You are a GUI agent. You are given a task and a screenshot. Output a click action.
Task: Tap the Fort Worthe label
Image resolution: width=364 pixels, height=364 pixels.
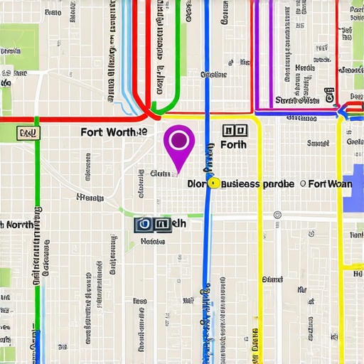click(114, 132)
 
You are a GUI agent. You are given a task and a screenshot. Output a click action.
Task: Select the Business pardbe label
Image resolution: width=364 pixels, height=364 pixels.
click(257, 183)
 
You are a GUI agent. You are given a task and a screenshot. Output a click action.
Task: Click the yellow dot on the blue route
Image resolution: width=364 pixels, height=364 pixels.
click(212, 183)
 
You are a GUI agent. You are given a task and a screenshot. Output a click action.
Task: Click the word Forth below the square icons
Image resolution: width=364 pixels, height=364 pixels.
click(233, 145)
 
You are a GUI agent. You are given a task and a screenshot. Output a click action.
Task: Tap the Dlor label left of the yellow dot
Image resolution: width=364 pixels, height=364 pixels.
click(196, 183)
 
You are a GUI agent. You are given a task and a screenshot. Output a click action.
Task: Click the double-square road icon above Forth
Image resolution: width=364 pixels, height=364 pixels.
click(234, 131)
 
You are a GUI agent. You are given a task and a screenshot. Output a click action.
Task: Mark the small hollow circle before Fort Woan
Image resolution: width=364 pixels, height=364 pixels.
click(303, 183)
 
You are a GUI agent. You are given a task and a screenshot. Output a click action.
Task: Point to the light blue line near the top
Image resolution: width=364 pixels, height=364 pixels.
click(127, 57)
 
